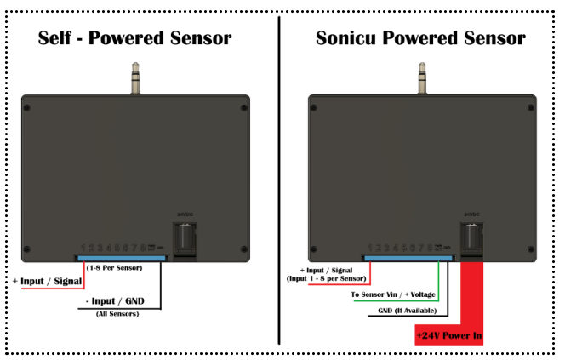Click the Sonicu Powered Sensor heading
click(420, 38)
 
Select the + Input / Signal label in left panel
click(47, 281)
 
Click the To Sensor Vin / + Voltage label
click(394, 295)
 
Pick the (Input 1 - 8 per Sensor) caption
click(328, 278)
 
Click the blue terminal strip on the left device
click(122, 257)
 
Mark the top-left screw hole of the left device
click(29, 108)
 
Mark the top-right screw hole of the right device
click(529, 108)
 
